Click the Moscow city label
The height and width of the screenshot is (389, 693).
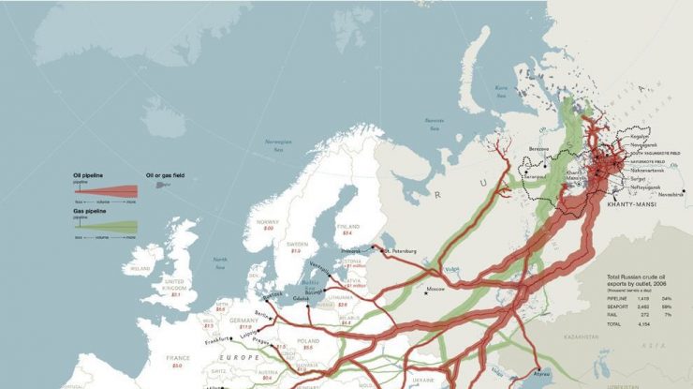[x=435, y=290]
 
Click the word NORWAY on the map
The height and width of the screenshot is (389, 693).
[x=267, y=222]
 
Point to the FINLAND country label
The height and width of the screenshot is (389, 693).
[x=346, y=225]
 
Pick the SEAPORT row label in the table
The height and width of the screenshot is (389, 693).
[x=620, y=306]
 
